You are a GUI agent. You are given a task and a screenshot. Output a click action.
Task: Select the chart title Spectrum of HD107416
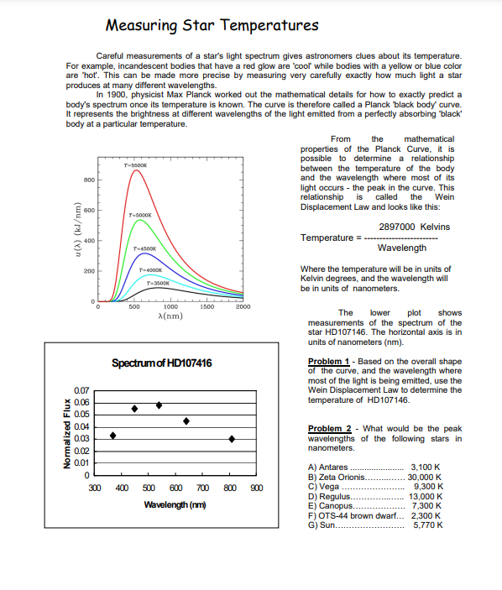tap(161, 363)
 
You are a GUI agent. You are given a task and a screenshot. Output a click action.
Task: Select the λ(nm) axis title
tap(170, 316)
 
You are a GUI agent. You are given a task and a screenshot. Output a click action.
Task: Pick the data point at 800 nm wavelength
tap(231, 439)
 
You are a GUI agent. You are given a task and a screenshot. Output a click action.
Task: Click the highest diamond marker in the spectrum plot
tap(159, 405)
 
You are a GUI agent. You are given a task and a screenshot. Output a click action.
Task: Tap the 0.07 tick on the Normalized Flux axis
tap(81, 391)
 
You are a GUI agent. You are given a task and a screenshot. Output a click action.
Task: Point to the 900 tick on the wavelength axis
tap(256, 488)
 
